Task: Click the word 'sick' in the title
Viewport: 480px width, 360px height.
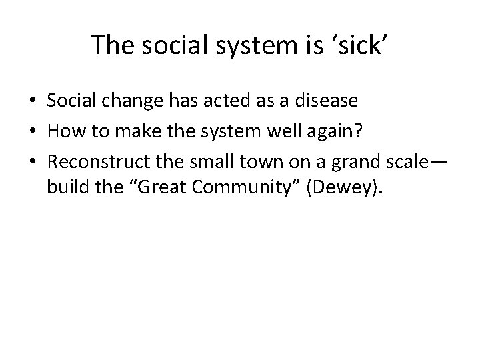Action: (361, 45)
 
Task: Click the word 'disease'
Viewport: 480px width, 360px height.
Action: (326, 101)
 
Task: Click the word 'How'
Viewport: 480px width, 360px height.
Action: (64, 132)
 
